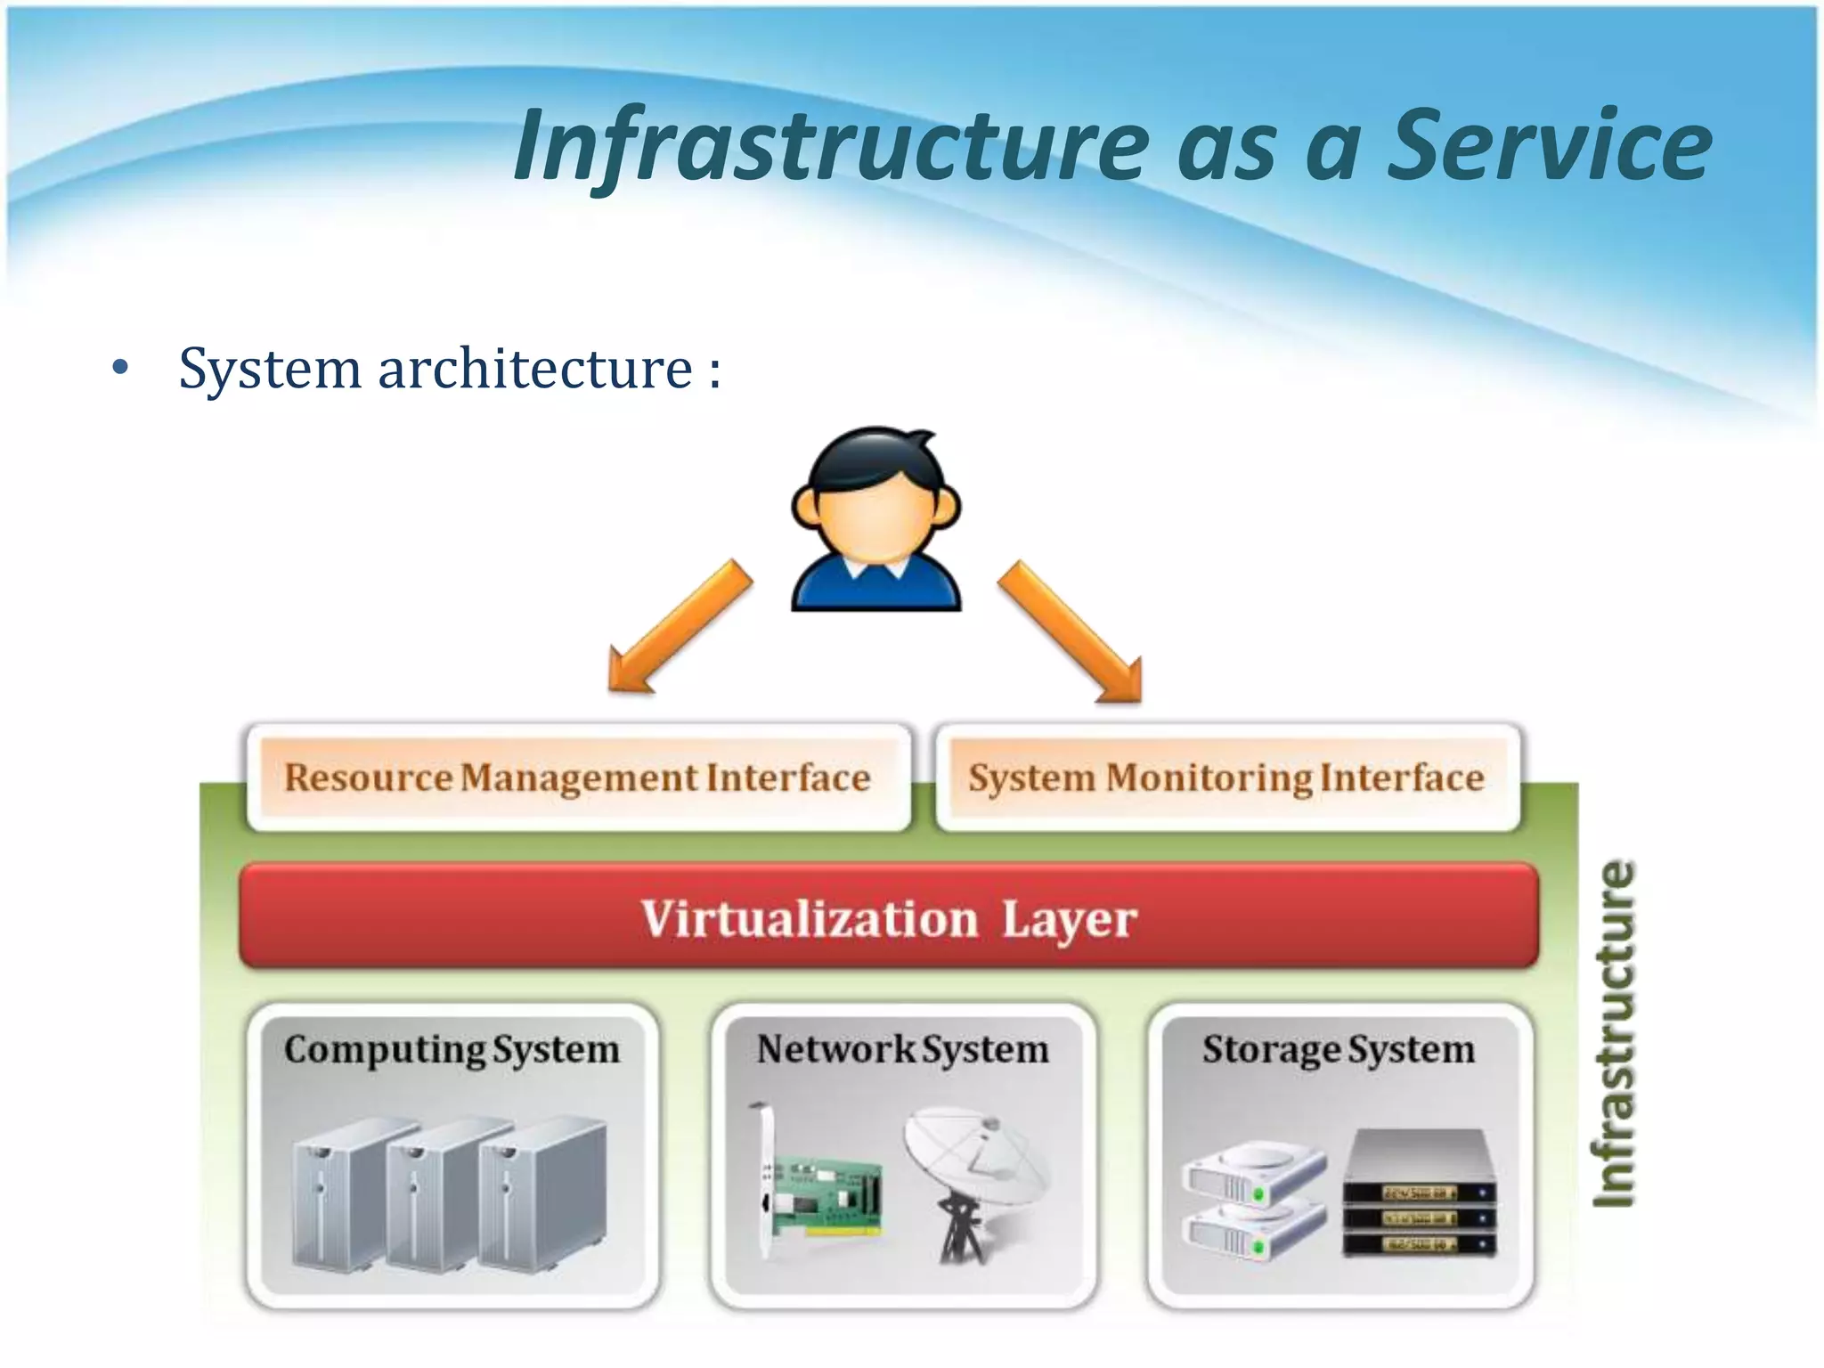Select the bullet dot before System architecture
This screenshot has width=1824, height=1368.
point(121,368)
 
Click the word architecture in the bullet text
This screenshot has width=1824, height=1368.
point(534,368)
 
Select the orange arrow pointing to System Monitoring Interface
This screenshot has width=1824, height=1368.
point(1072,632)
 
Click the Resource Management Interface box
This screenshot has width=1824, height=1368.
point(578,778)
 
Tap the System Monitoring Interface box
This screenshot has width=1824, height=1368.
point(1227,778)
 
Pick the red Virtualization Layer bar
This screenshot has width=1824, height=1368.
point(889,916)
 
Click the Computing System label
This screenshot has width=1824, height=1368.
point(452,1049)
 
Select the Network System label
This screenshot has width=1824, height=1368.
point(903,1049)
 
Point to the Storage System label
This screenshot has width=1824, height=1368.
point(1339,1049)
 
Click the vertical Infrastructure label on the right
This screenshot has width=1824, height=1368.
point(1614,1033)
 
